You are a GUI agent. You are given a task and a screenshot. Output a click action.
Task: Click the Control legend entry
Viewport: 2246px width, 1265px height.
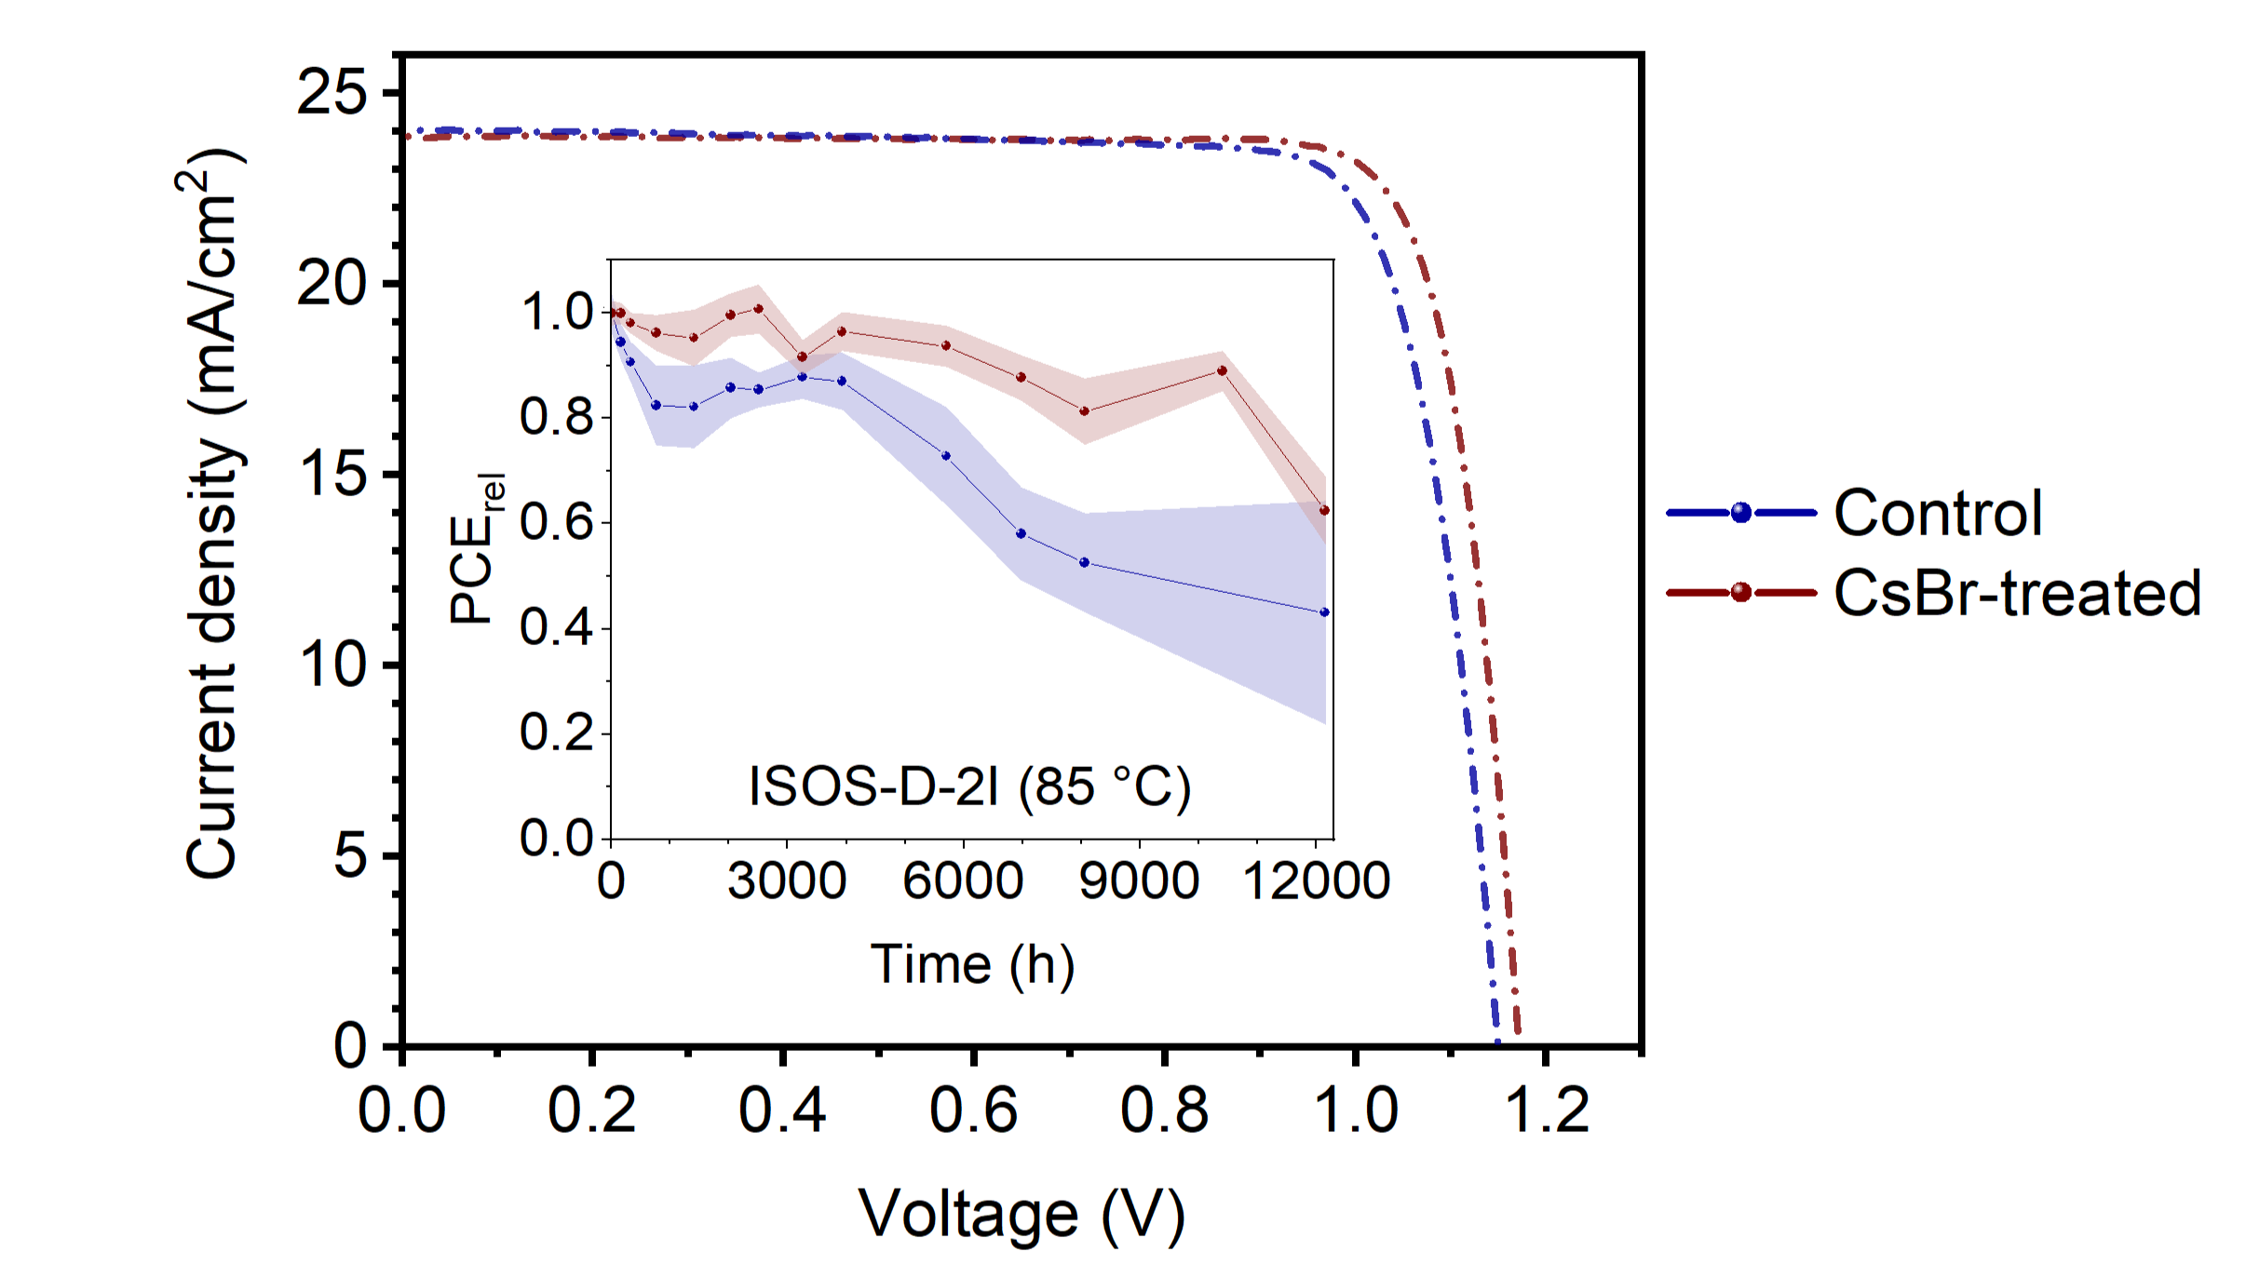1937,513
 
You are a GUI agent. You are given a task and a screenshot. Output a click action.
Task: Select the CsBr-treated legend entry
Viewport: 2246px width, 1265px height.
2016,593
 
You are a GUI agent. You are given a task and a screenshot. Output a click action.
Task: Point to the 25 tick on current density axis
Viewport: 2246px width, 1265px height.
331,93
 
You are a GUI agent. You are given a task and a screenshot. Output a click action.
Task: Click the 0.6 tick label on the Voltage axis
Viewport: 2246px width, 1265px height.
973,1110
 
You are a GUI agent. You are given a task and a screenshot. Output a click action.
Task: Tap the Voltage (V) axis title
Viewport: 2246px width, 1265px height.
1022,1214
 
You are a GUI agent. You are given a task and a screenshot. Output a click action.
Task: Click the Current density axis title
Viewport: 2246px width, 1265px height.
212,513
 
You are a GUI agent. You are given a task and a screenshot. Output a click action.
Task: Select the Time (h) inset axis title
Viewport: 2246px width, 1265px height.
972,964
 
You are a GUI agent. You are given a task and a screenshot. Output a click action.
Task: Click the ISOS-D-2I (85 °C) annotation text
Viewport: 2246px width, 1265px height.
969,787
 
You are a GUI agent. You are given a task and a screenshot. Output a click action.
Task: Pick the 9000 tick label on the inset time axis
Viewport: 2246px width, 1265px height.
1138,881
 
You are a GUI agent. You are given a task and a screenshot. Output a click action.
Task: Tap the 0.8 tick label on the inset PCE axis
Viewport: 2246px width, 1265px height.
557,417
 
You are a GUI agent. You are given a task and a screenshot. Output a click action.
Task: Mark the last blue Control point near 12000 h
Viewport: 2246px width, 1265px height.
1324,612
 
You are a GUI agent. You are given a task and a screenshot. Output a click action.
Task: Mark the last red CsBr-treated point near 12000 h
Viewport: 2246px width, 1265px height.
1324,510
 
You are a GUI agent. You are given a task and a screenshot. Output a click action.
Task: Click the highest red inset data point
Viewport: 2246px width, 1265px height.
758,309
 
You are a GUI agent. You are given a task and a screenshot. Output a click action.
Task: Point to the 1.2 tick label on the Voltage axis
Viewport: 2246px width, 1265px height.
1546,1110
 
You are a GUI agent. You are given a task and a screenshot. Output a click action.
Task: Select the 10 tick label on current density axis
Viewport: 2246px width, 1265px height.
331,665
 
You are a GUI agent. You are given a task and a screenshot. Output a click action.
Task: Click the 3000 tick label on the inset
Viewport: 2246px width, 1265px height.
787,881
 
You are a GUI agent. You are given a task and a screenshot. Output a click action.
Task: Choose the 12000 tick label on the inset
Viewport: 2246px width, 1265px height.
1316,881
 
